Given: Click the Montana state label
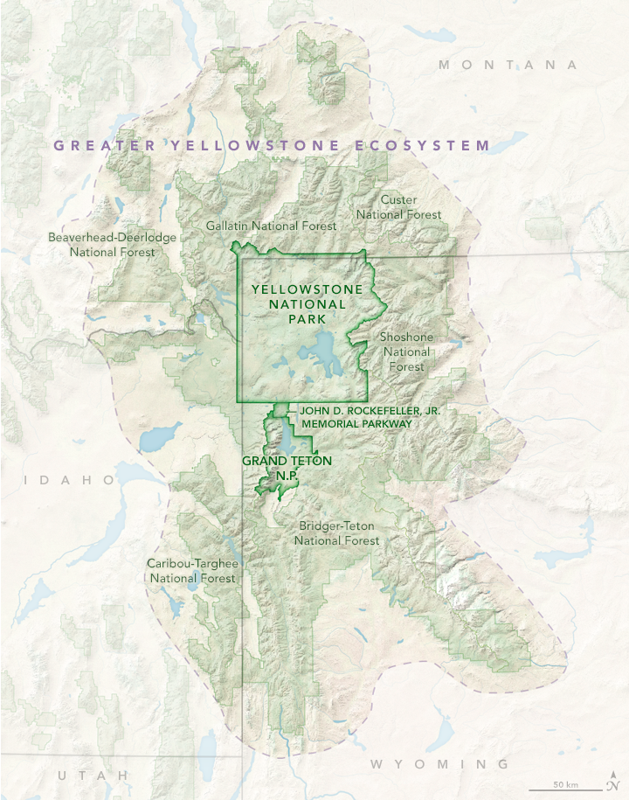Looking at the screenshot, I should (x=508, y=65).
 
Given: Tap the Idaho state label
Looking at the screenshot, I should (x=70, y=480).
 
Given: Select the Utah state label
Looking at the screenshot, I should (x=93, y=776).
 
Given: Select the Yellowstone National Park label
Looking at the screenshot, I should (x=299, y=303).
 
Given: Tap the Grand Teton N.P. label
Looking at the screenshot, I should (x=270, y=467).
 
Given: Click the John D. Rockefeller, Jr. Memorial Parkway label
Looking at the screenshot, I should (x=355, y=416).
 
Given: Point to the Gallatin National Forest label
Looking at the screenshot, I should (x=271, y=226).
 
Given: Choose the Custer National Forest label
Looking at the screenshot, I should (x=398, y=207).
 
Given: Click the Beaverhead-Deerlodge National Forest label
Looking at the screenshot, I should (x=112, y=245).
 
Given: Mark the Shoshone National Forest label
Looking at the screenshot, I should (x=406, y=351).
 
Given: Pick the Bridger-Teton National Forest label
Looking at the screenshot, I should (x=336, y=533).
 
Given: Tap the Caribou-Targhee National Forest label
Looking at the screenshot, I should (x=192, y=570).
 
